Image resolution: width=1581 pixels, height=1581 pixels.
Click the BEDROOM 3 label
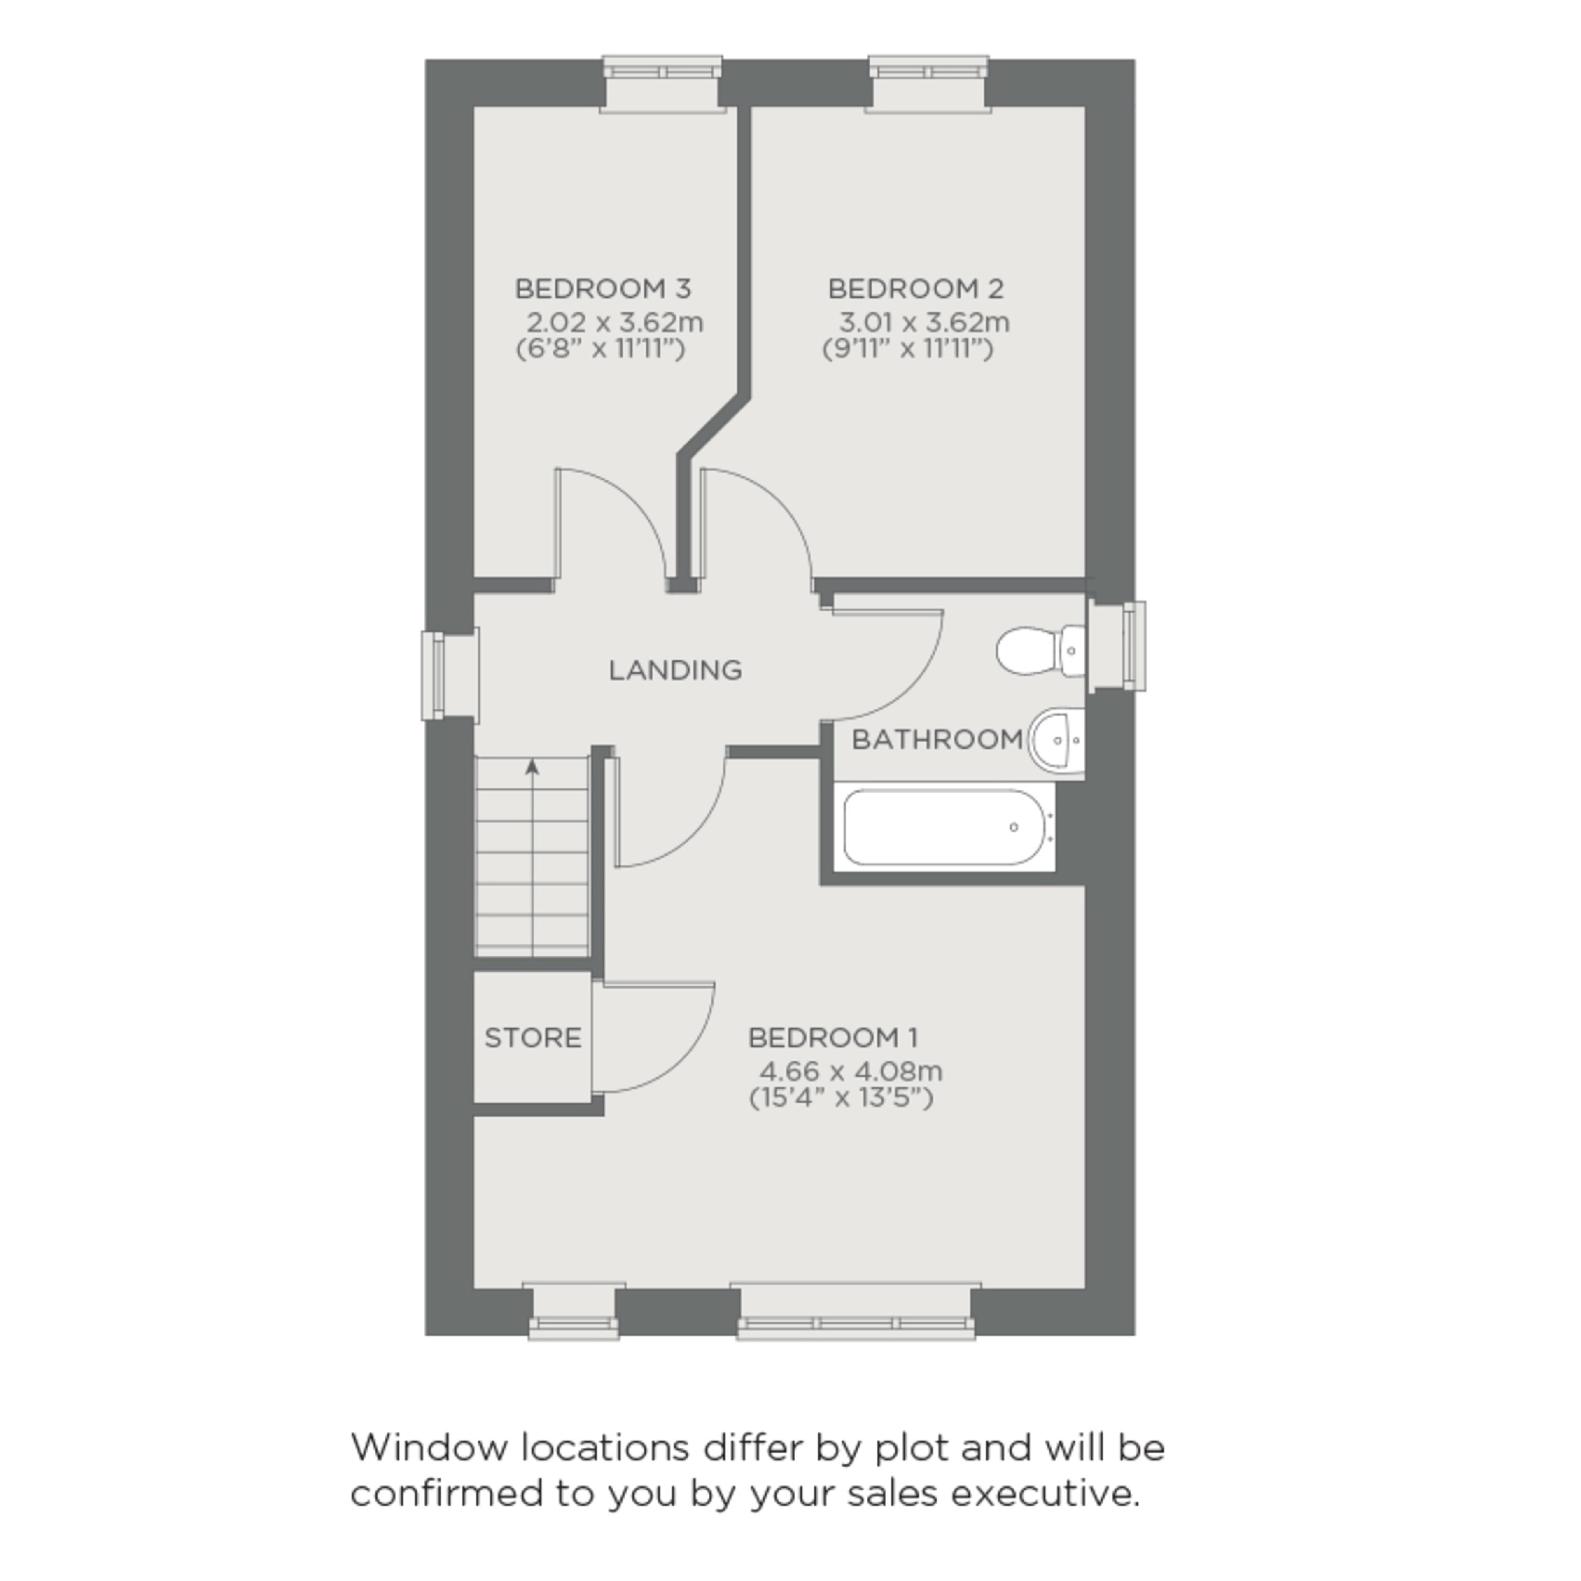coord(603,289)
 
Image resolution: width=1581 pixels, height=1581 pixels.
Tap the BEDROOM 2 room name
coord(916,289)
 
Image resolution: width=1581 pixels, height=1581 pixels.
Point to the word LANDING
coord(675,670)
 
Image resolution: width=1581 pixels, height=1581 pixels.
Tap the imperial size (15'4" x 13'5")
coord(841,1097)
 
